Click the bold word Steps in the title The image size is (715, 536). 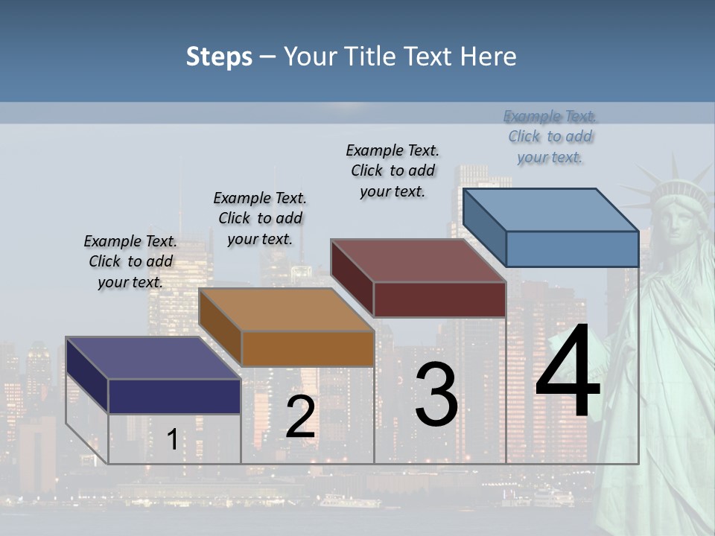219,57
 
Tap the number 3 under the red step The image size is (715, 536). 436,395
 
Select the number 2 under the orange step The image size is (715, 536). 300,417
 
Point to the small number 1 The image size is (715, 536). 172,440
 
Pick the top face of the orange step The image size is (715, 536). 286,310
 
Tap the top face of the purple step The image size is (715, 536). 153,358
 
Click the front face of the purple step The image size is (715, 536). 174,396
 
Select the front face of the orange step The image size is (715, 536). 308,348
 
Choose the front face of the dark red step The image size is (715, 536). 439,299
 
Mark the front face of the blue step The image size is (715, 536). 572,249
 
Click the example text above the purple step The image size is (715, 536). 130,261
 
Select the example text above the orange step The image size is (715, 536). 260,218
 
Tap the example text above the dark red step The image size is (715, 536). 393,170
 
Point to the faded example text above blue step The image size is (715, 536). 550,136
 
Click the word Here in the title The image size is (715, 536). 489,57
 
